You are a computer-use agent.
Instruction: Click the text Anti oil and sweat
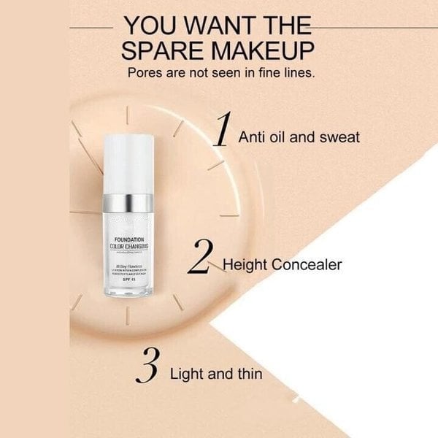pyautogui.click(x=299, y=137)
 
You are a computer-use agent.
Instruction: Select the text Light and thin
pyautogui.click(x=216, y=374)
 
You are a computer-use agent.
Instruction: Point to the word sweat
pyautogui.click(x=341, y=137)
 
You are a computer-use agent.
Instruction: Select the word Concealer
pyautogui.click(x=307, y=264)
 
